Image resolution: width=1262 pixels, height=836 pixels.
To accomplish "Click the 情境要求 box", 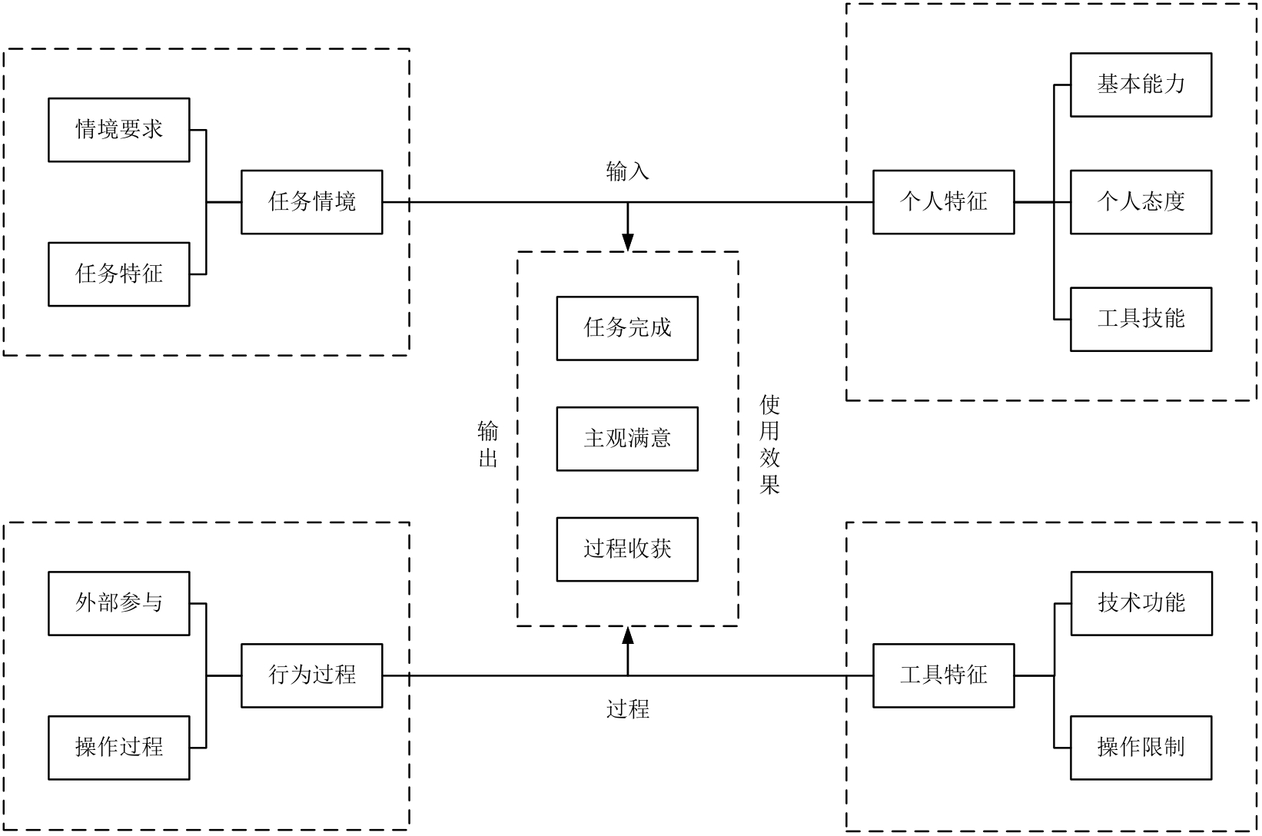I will pyautogui.click(x=119, y=130).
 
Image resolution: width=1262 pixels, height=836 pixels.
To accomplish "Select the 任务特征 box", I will pyautogui.click(x=119, y=274).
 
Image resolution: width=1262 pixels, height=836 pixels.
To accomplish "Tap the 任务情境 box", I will pyautogui.click(x=312, y=202).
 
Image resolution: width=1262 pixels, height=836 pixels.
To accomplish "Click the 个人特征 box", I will pyautogui.click(x=943, y=202).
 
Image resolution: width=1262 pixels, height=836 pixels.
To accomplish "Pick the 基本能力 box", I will pyautogui.click(x=1141, y=85).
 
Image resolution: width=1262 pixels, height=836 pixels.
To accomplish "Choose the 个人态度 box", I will pyautogui.click(x=1141, y=202).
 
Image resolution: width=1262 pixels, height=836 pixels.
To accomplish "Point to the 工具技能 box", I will pyautogui.click(x=1141, y=319).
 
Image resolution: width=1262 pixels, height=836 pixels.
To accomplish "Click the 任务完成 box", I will pyautogui.click(x=627, y=328).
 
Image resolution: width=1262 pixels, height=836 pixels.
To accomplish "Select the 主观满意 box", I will pyautogui.click(x=627, y=439).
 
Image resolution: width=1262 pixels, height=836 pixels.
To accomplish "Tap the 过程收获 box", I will pyautogui.click(x=627, y=549).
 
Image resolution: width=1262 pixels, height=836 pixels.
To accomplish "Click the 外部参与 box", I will pyautogui.click(x=119, y=603).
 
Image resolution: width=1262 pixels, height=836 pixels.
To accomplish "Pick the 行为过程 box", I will pyautogui.click(x=312, y=675).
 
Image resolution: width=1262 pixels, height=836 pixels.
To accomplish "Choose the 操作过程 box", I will pyautogui.click(x=119, y=748).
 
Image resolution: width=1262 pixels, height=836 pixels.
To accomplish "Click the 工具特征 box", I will pyautogui.click(x=943, y=675).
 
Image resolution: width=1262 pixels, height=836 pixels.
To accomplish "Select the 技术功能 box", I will pyautogui.click(x=1141, y=603).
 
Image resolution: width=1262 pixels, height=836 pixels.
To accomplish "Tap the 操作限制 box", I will pyautogui.click(x=1141, y=748).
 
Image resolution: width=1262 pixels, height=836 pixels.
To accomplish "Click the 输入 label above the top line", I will pyautogui.click(x=627, y=172).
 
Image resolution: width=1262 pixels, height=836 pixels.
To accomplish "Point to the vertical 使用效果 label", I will pyautogui.click(x=769, y=445).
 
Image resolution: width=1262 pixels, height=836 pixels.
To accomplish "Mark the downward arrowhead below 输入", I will pyautogui.click(x=628, y=241).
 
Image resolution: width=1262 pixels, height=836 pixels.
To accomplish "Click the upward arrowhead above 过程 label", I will pyautogui.click(x=628, y=635).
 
